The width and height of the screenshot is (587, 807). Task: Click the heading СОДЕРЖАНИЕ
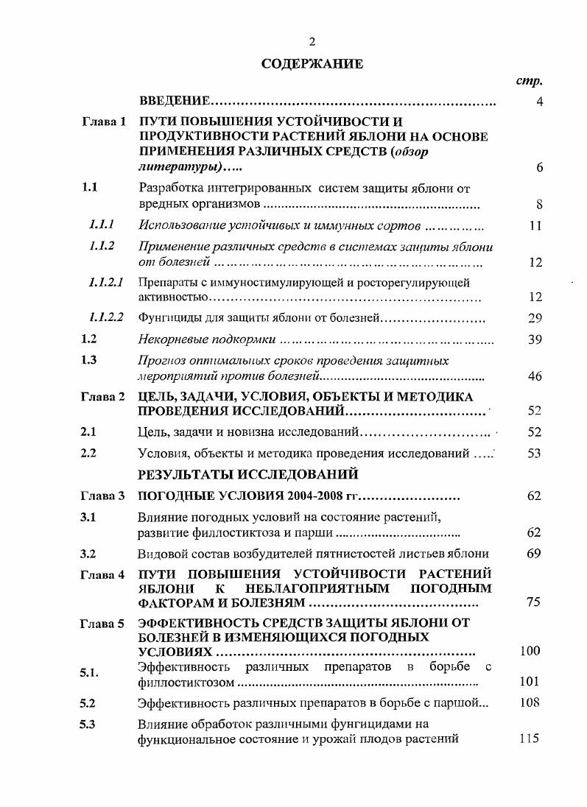[312, 64]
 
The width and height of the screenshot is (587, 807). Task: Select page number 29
[535, 318]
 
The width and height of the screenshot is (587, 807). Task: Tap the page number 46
[535, 376]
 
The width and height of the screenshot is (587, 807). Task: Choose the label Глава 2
[103, 397]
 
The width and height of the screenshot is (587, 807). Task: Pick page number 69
[535, 553]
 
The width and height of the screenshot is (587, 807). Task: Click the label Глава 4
[103, 574]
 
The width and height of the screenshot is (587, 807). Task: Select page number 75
[535, 602]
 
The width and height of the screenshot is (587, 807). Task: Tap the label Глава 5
[103, 624]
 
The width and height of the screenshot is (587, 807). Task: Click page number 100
[530, 651]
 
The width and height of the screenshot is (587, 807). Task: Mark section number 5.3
[89, 724]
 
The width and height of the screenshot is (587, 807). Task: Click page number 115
[530, 739]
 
